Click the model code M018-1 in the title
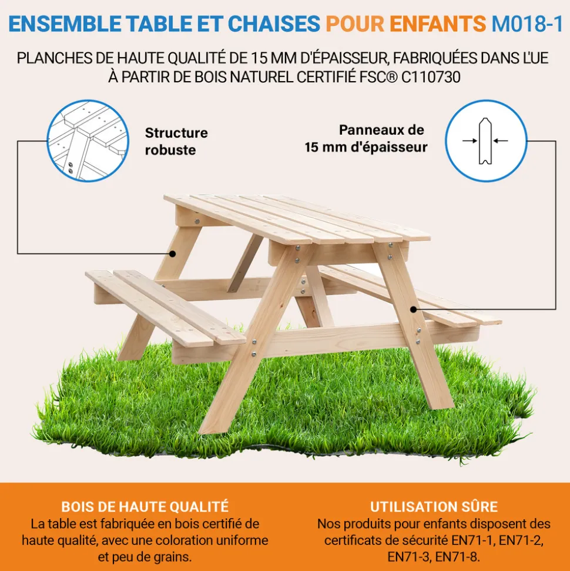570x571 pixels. (x=527, y=24)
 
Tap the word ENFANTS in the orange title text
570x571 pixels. (x=438, y=24)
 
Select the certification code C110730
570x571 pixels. (x=431, y=77)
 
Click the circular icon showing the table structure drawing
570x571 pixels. (x=88, y=141)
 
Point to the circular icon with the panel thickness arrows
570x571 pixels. (x=486, y=141)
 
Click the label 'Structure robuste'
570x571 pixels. (x=176, y=141)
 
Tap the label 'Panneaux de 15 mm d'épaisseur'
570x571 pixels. (x=366, y=139)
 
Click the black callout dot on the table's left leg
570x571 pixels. (x=173, y=254)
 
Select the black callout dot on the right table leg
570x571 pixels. (x=414, y=309)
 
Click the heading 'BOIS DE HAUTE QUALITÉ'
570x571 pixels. (x=145, y=507)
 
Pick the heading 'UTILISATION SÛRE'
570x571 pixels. (x=434, y=507)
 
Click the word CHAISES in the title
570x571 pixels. (x=274, y=24)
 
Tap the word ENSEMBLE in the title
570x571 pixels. (x=65, y=24)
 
